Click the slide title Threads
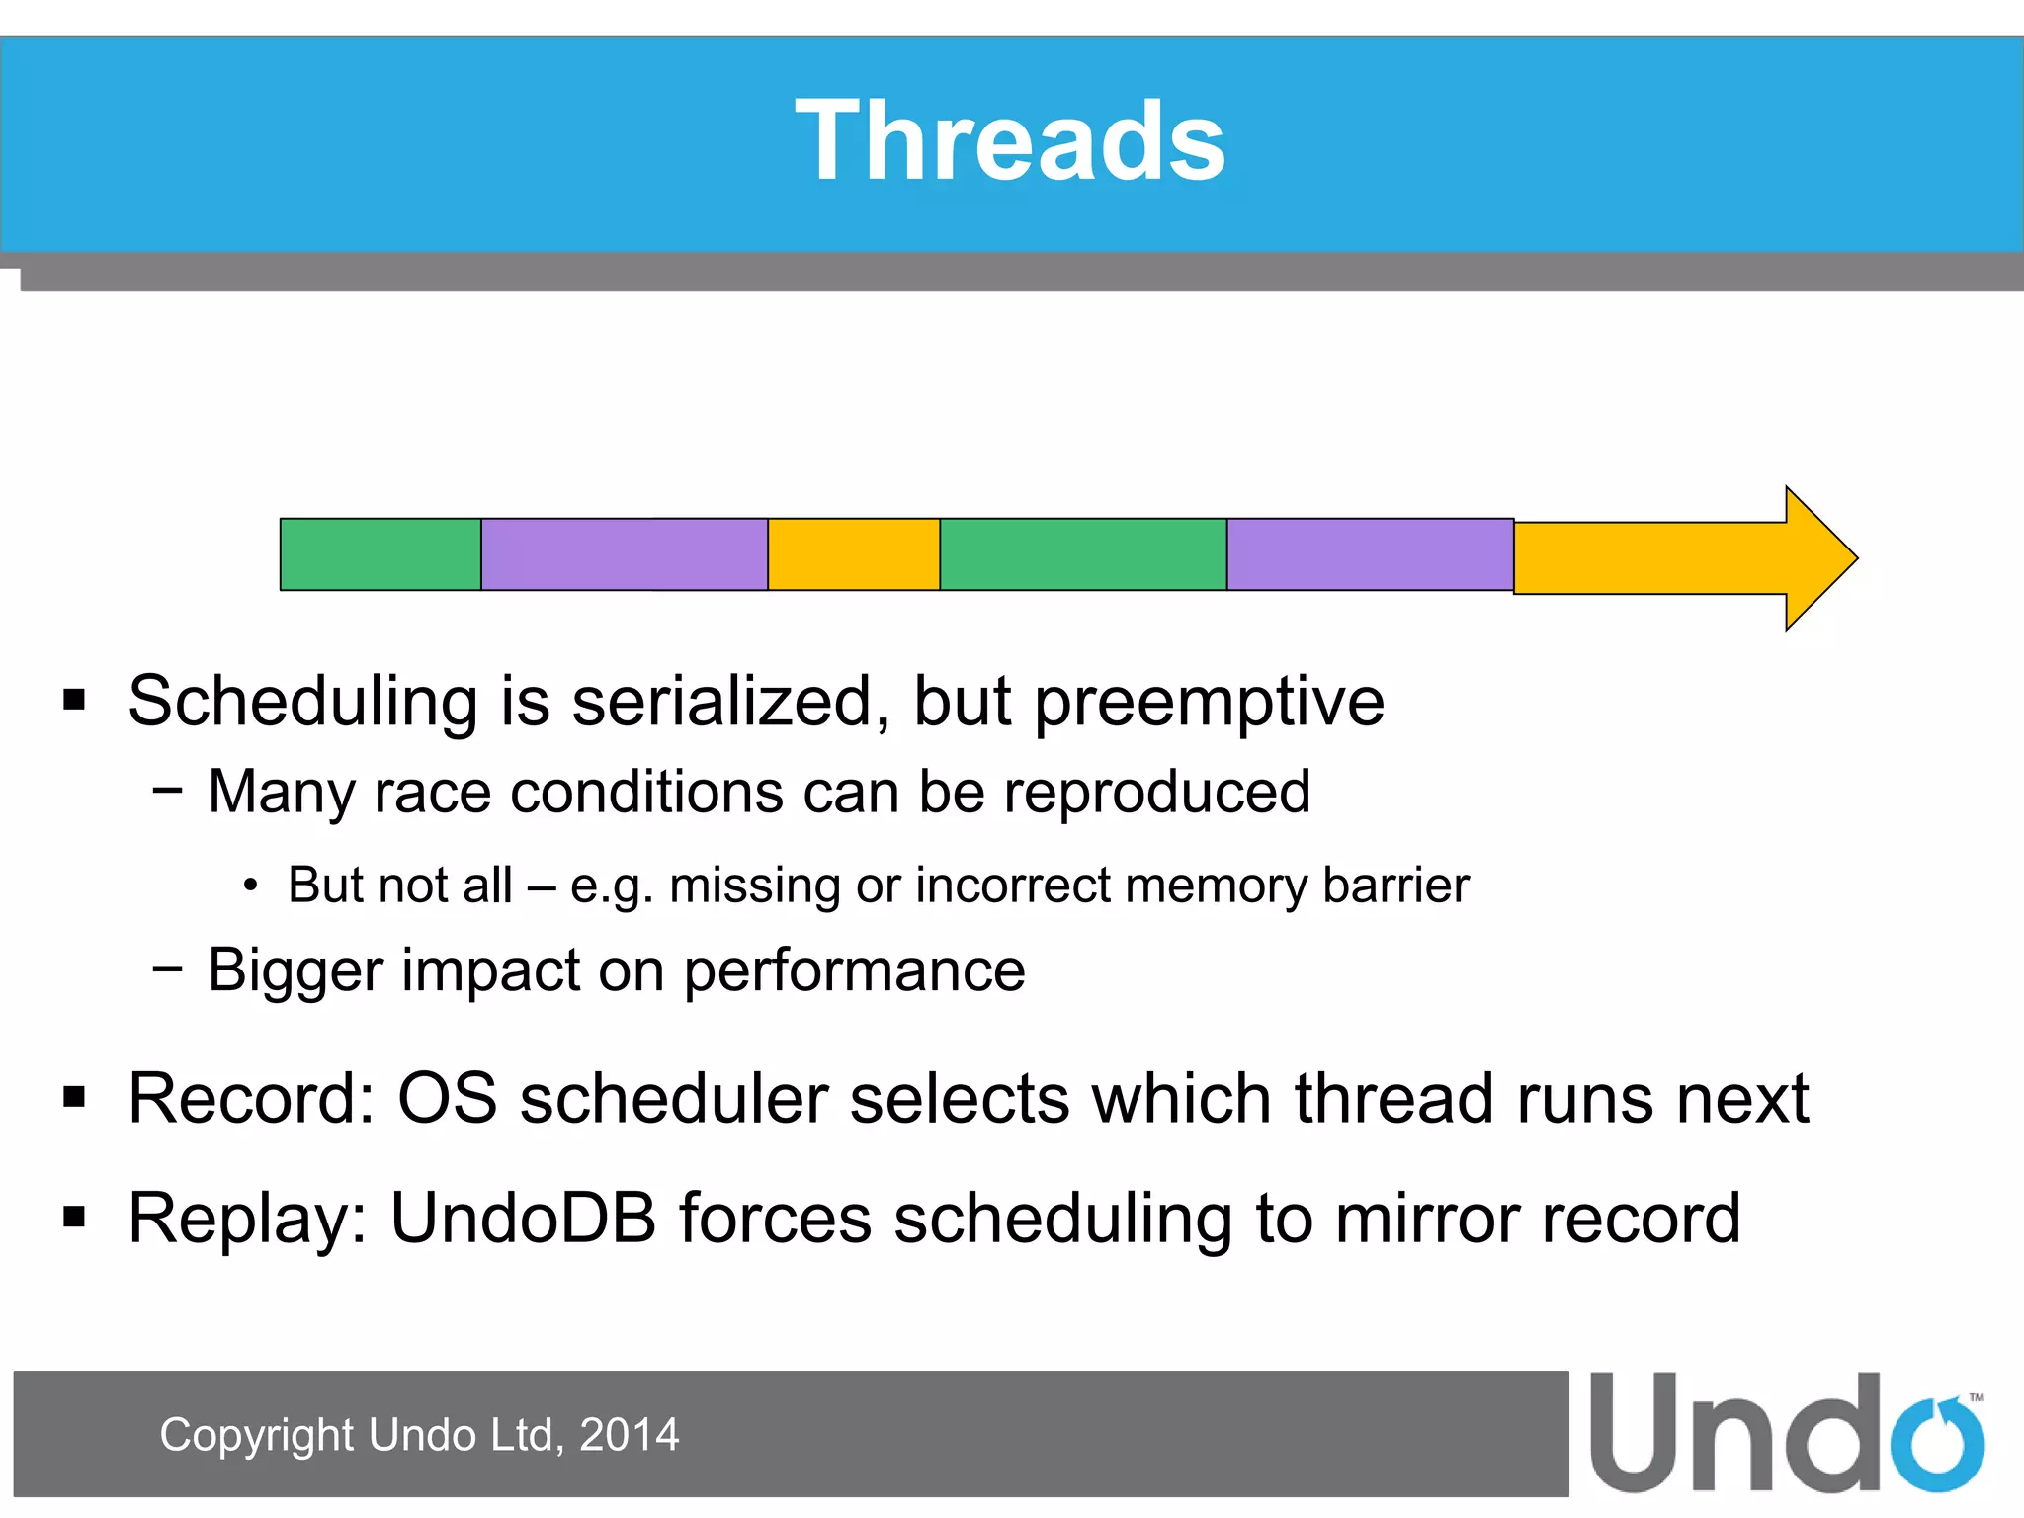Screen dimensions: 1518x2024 pyautogui.click(x=1010, y=141)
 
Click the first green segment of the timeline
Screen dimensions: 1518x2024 pyautogui.click(x=380, y=554)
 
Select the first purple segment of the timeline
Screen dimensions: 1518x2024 pyautogui.click(x=624, y=554)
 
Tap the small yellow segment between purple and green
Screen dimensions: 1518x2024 pyautogui.click(x=853, y=554)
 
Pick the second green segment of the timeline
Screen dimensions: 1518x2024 pyautogui.click(x=1083, y=554)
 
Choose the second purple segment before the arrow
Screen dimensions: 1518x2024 pyautogui.click(x=1370, y=554)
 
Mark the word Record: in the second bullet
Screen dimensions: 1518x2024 pyautogui.click(x=251, y=1098)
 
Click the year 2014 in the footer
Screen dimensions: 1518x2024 pyautogui.click(x=629, y=1435)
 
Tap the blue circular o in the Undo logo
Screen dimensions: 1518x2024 pyautogui.click(x=1937, y=1446)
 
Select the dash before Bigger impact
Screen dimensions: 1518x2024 pyautogui.click(x=167, y=970)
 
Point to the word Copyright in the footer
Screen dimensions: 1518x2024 pyautogui.click(x=256, y=1435)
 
